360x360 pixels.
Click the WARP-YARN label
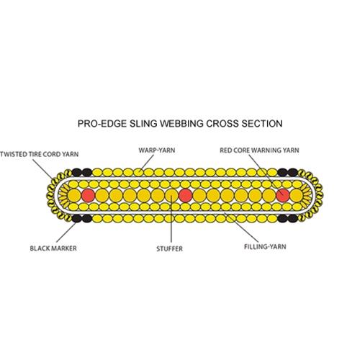tap(157, 150)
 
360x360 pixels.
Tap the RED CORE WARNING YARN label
tap(259, 150)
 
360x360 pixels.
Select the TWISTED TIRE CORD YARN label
tap(40, 154)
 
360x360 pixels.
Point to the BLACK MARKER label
tap(53, 248)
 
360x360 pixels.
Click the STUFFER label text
tap(170, 248)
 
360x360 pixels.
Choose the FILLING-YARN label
tap(265, 246)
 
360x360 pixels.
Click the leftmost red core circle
tap(89, 195)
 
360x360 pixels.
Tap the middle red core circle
tap(186, 195)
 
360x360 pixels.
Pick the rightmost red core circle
tap(283, 195)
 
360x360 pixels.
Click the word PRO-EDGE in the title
tap(102, 123)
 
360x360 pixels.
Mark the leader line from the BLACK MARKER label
tap(66, 232)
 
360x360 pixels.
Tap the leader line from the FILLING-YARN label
tap(242, 228)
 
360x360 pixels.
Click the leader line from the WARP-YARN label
tap(146, 163)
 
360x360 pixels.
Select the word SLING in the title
tap(143, 123)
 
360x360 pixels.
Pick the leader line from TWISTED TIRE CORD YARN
tap(43, 169)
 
